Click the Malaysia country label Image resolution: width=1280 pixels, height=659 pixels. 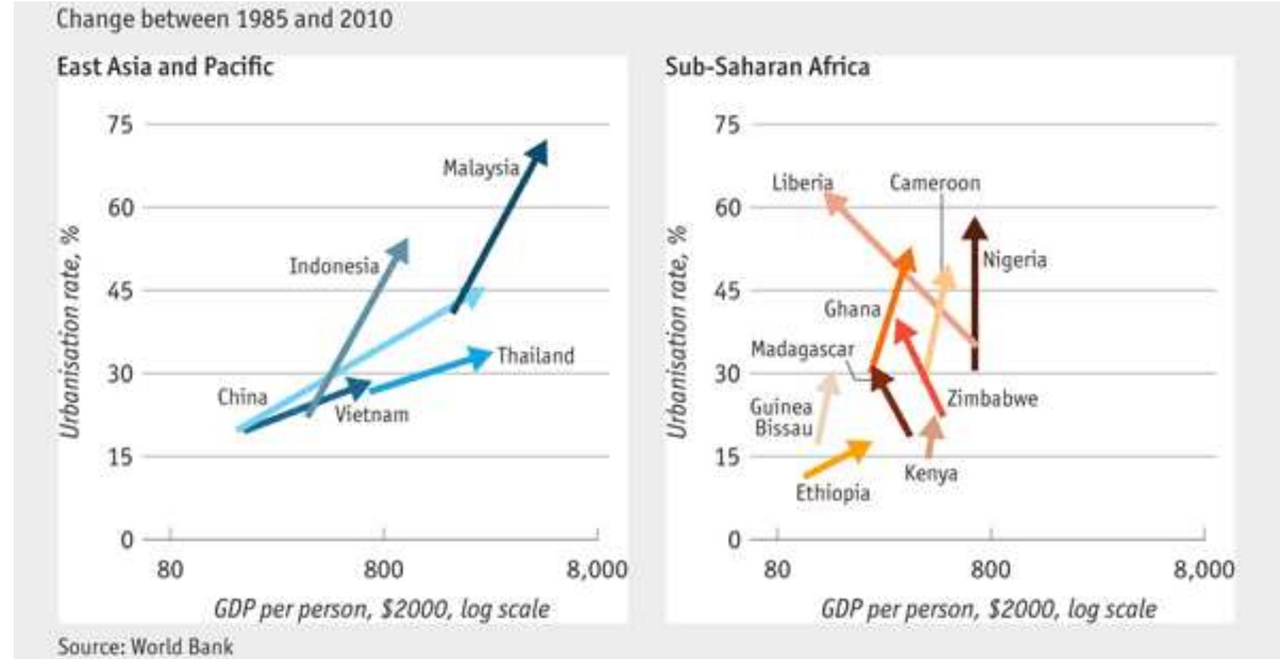481,168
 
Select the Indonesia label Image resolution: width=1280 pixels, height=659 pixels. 334,266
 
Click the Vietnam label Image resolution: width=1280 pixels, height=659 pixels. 371,414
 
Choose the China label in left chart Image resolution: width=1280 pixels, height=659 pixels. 242,397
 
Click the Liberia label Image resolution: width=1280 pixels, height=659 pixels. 802,183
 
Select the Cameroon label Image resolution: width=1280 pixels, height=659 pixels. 934,183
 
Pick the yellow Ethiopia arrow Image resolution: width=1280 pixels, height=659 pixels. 838,459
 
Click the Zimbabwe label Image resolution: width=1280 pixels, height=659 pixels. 992,399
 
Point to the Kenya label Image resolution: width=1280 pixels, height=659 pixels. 930,473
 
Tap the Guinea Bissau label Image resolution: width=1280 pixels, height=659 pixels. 782,418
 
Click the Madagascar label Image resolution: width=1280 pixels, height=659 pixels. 802,350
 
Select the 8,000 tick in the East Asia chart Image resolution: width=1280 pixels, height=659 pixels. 596,569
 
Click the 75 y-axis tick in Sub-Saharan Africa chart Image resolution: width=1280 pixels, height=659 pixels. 727,125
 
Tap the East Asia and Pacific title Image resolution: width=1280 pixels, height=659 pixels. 165,67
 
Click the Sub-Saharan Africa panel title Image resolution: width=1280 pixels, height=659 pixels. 767,67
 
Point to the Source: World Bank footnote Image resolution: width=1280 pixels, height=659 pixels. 145,646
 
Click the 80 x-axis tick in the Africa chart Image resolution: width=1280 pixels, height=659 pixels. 777,569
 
